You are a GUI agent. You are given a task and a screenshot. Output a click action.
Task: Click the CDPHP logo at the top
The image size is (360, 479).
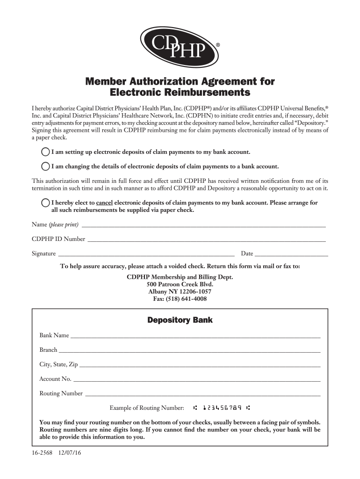pos(180,47)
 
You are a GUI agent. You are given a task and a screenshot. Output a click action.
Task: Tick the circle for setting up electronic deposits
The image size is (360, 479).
pos(45,152)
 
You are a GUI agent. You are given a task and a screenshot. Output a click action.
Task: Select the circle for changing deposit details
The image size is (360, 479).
pos(45,166)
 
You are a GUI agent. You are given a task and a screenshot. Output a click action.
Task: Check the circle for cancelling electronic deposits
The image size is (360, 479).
pos(45,203)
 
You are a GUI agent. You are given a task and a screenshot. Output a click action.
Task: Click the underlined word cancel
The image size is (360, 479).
pos(104,203)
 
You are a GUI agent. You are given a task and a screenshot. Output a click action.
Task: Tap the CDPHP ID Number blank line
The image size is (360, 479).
pos(206,239)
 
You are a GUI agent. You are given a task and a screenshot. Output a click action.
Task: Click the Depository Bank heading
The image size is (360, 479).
pos(180,320)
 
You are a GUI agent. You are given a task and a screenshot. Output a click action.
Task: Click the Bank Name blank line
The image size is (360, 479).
pos(195,336)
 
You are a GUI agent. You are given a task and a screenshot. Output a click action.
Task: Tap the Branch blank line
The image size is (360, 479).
pos(189,350)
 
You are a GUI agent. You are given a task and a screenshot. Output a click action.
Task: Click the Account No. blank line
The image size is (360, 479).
pos(197,379)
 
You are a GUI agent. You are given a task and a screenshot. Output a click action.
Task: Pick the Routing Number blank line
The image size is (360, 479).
pos(202,394)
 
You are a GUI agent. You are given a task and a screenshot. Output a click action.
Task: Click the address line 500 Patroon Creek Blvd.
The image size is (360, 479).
pos(180,284)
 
